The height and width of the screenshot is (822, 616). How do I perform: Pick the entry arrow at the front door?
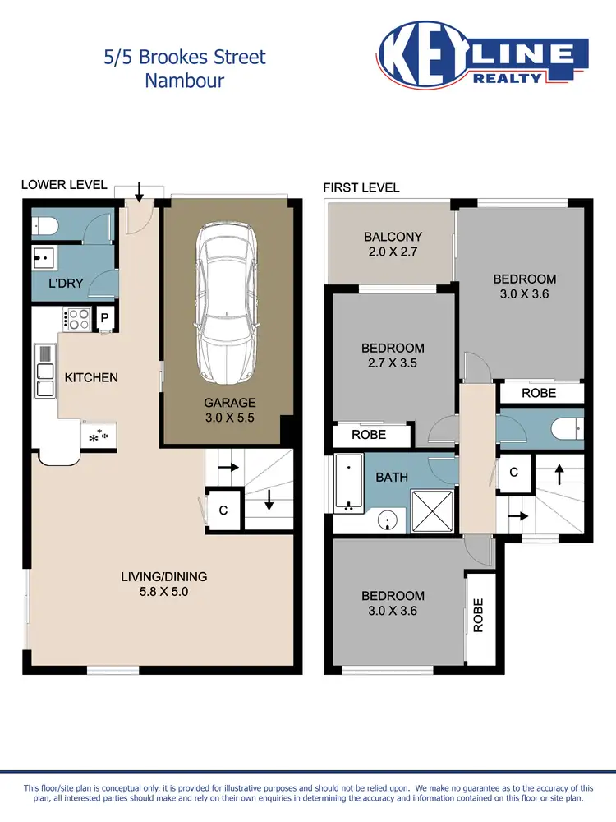pos(139,192)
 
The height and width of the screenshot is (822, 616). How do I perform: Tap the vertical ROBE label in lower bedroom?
pos(478,615)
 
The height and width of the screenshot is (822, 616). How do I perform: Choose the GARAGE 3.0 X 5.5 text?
pos(231,409)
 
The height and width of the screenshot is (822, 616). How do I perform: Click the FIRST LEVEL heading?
pos(361,187)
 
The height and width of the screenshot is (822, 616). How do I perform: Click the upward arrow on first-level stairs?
pos(560,473)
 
